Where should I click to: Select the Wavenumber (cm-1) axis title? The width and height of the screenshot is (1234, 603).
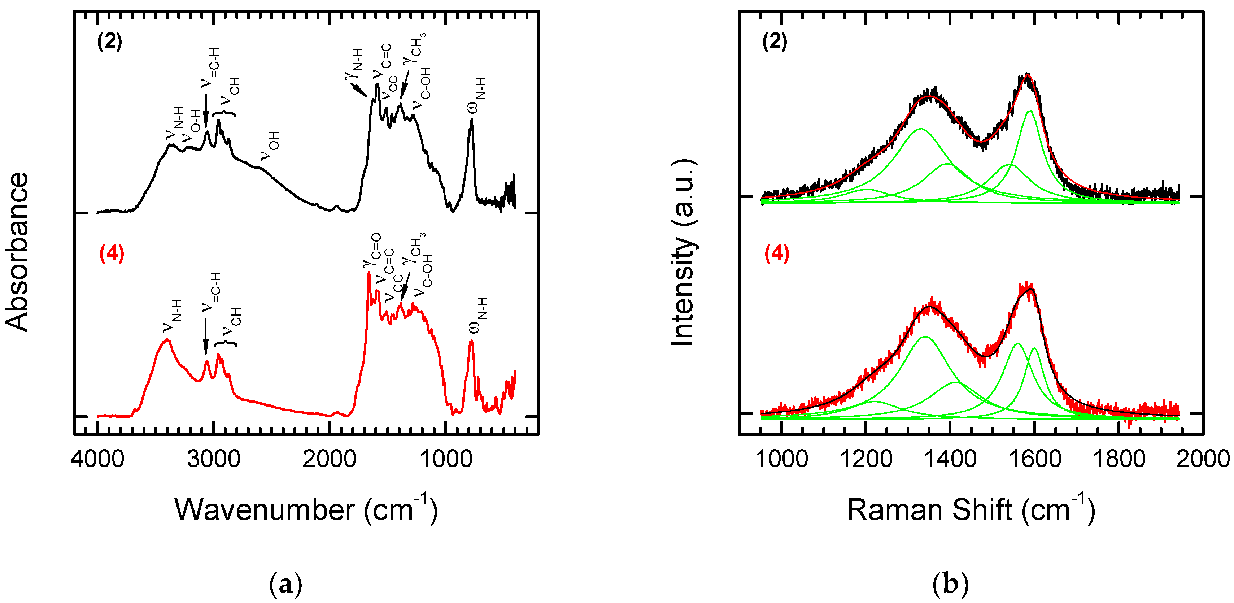(306, 509)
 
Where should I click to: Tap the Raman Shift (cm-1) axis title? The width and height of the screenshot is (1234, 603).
(971, 509)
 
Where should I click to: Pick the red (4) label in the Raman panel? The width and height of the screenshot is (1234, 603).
(776, 253)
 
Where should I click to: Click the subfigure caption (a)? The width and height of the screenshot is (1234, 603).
(285, 584)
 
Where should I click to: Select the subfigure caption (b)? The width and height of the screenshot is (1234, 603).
(951, 584)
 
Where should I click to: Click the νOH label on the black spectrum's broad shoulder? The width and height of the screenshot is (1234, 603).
(270, 146)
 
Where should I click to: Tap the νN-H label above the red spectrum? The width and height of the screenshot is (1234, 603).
(173, 316)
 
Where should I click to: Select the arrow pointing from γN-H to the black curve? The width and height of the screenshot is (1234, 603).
(358, 90)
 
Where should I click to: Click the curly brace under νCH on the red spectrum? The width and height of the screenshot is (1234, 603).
(225, 344)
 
